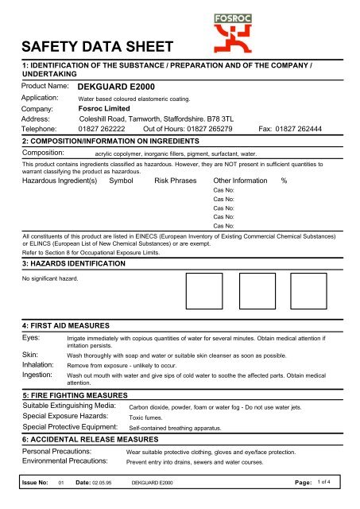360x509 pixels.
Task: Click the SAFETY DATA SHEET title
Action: point(93,56)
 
